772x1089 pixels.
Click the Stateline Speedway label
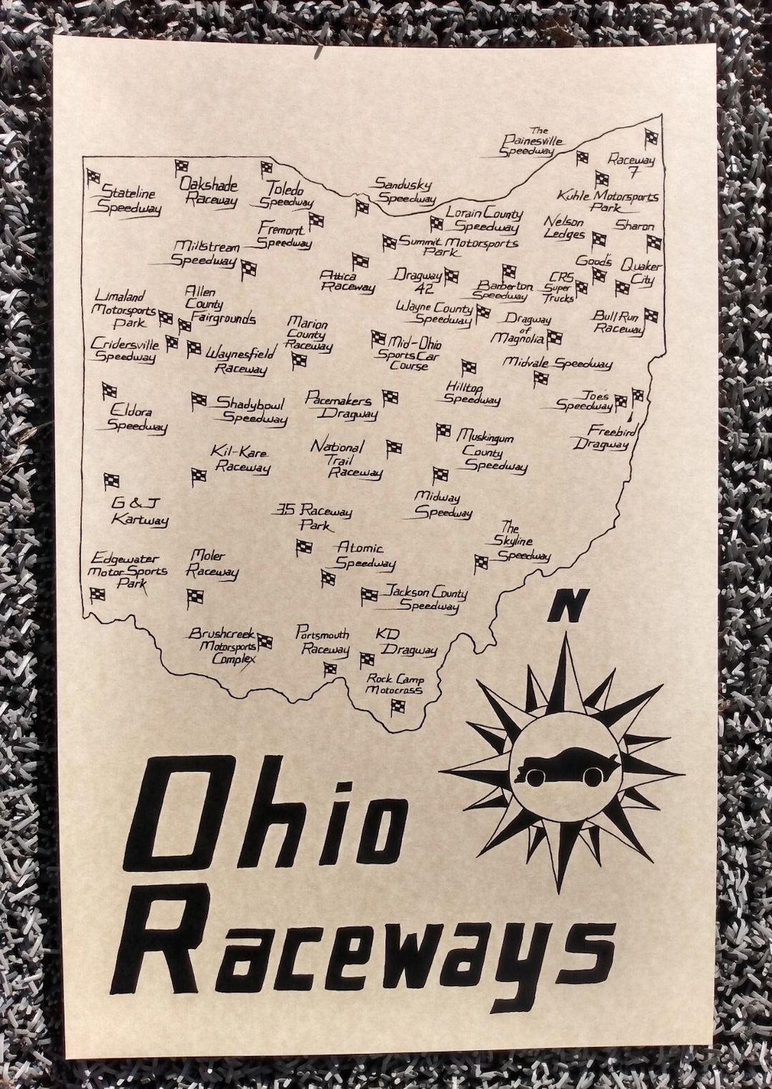click(129, 200)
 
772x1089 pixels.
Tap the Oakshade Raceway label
click(209, 192)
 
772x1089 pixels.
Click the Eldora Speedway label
click(136, 419)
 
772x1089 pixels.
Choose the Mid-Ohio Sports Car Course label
click(410, 354)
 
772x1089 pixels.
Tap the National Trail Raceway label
click(346, 459)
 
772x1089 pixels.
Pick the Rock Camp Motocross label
click(394, 684)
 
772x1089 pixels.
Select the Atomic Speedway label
click(364, 555)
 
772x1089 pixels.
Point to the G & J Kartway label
click(139, 512)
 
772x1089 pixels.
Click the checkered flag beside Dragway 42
click(450, 275)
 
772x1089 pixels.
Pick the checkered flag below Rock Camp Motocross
click(397, 707)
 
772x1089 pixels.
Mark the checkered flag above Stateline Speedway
click(94, 176)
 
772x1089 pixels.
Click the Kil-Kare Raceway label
click(239, 459)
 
